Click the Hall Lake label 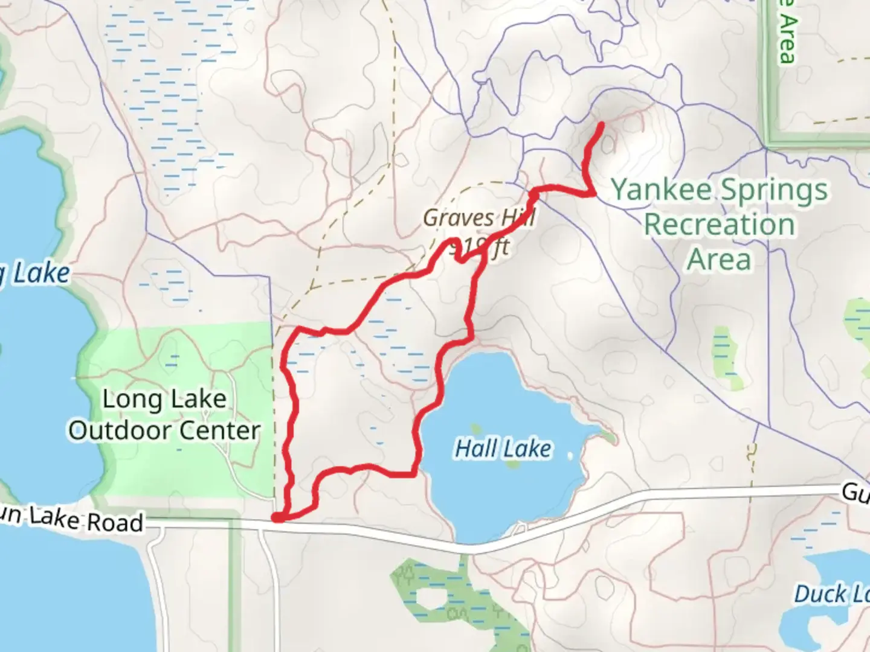tap(503, 449)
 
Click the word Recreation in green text tap(718, 225)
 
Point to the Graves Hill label tap(478, 218)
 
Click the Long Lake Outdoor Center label tap(164, 415)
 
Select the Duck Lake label tap(831, 594)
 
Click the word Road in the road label tap(115, 522)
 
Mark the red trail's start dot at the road tap(277, 517)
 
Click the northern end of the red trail tap(601, 125)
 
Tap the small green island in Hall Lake tap(512, 464)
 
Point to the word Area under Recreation tap(719, 260)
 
